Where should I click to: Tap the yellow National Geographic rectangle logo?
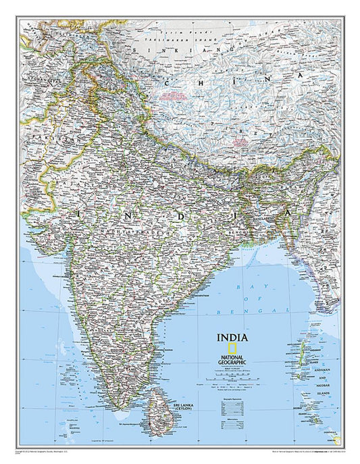(232, 349)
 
